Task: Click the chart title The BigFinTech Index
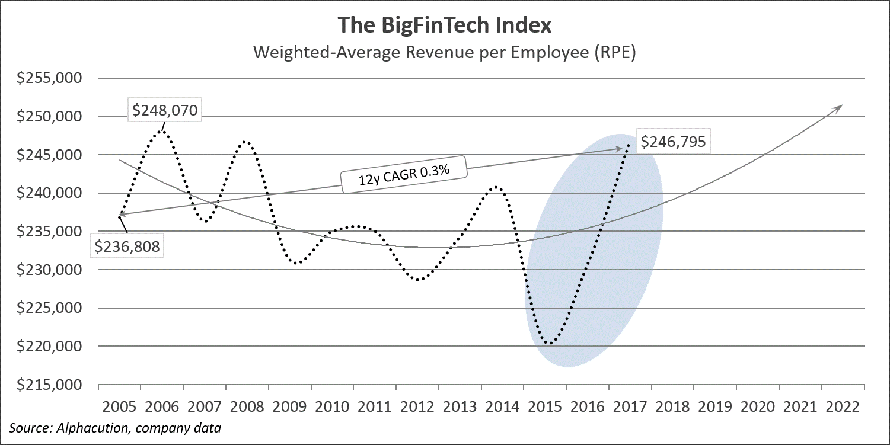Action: tap(445, 25)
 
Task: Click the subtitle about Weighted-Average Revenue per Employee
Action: tap(445, 52)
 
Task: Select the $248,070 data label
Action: tap(165, 110)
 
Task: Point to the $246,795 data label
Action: tap(675, 142)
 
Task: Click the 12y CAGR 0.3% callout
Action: tap(403, 174)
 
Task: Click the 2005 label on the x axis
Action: tap(119, 407)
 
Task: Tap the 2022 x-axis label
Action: tap(843, 407)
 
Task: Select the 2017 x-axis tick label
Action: tap(630, 407)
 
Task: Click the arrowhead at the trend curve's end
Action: tap(839, 107)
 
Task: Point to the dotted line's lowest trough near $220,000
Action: tap(550, 343)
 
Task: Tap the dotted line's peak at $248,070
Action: tap(162, 129)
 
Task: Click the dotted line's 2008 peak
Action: tap(246, 142)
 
